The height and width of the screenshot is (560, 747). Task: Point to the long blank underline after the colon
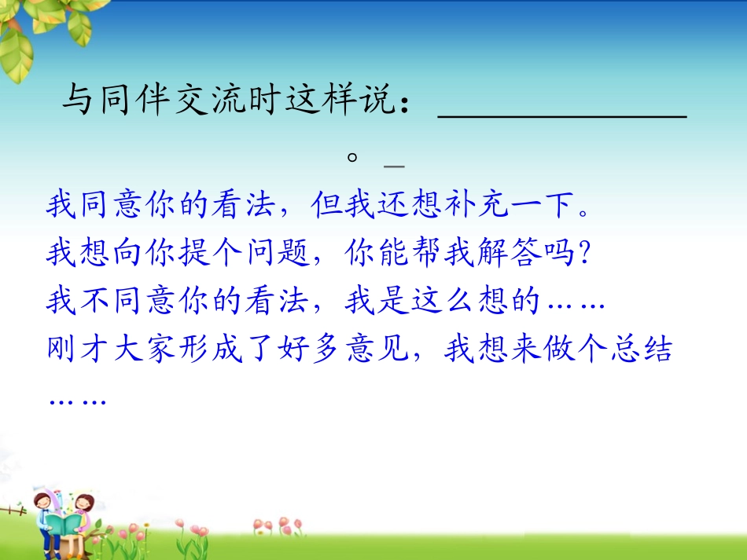pos(561,116)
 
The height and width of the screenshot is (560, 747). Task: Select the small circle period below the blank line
pos(354,157)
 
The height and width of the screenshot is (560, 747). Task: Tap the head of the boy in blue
pos(42,500)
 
